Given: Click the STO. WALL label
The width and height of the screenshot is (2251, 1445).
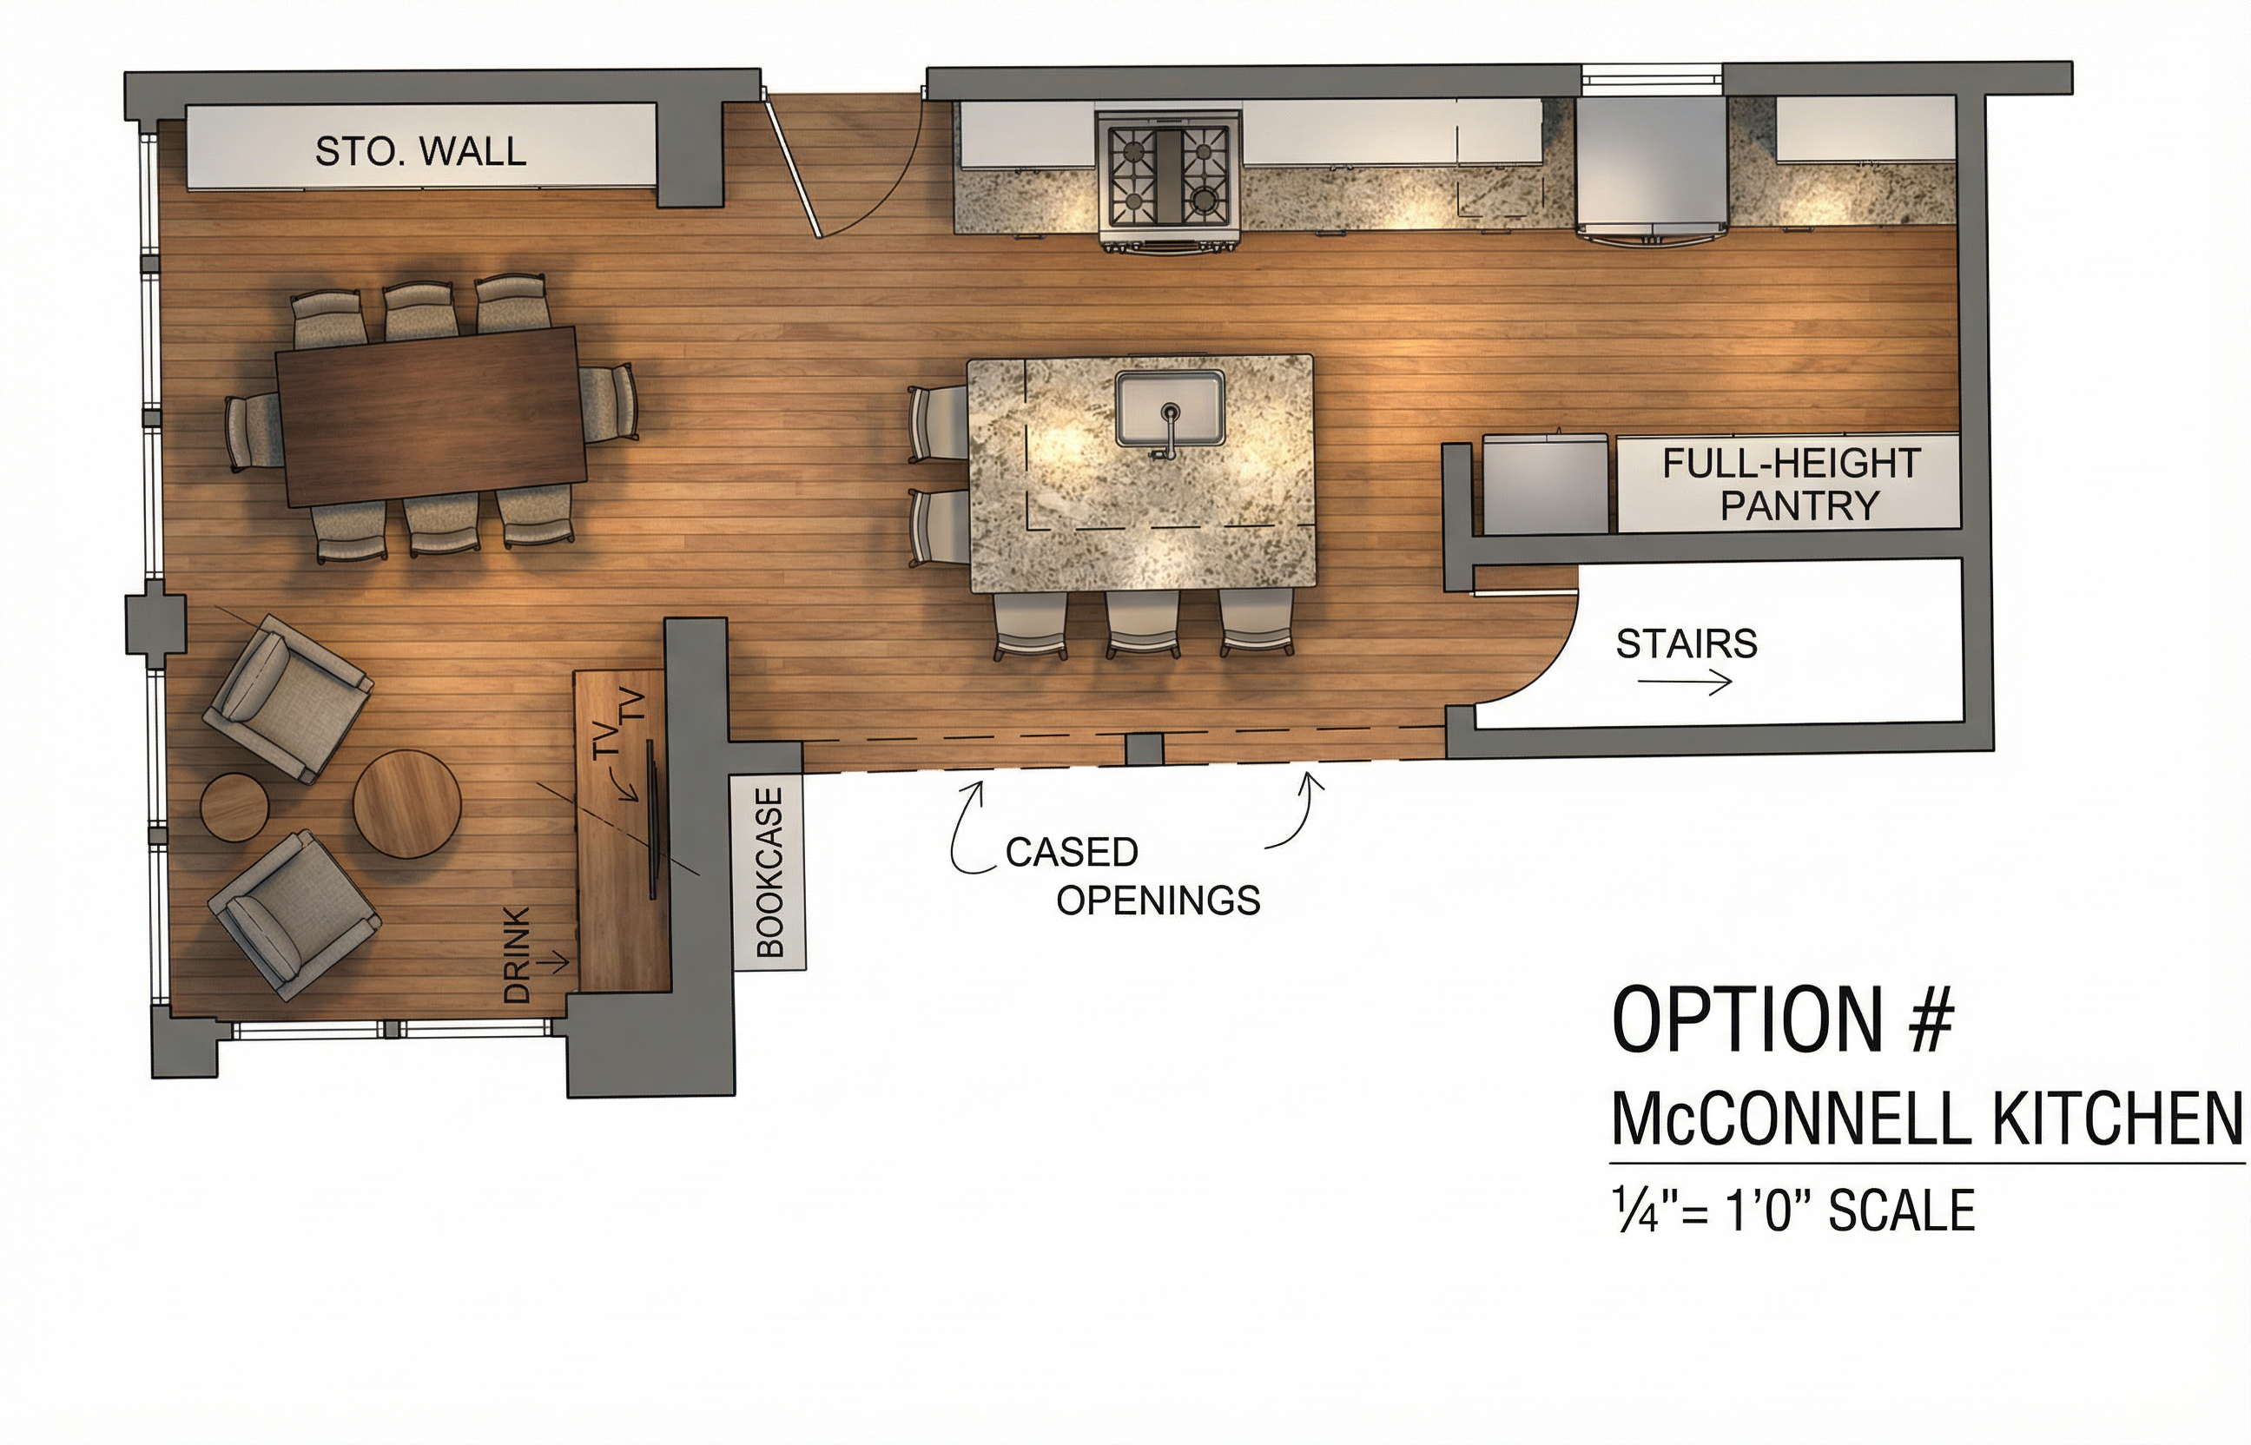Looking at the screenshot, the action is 420,151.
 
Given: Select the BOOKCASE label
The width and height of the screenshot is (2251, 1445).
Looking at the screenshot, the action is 769,872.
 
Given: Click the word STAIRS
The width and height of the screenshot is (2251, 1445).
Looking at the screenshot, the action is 1687,643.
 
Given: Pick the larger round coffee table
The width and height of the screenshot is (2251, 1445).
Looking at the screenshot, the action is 406,805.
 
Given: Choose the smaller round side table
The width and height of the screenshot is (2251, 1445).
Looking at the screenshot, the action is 234,807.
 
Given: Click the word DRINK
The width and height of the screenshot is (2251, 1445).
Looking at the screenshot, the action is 517,954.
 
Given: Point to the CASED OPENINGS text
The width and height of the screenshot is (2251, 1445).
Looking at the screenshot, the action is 1132,876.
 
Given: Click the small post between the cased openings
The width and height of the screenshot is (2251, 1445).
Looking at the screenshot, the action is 1143,749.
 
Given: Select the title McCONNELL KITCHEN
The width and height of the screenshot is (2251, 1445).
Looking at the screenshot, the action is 1927,1118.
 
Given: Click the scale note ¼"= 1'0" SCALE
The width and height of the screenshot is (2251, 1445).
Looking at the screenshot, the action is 1793,1210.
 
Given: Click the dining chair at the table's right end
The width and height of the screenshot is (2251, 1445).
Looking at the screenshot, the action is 609,403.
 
